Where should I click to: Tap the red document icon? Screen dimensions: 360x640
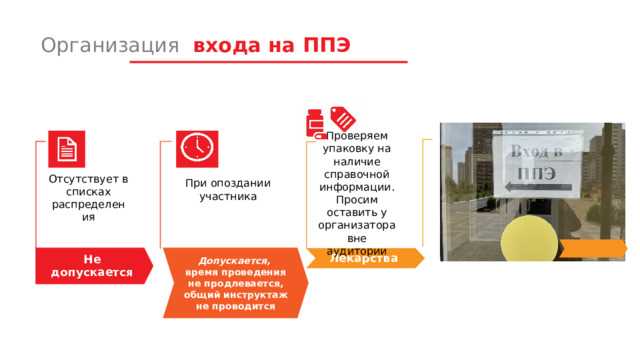click(x=66, y=150)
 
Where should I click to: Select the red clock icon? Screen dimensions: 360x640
click(x=195, y=148)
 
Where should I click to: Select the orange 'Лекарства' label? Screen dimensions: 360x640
click(x=364, y=258)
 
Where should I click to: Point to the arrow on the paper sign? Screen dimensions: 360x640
click(x=527, y=186)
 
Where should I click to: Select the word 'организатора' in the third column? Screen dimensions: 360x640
click(x=357, y=225)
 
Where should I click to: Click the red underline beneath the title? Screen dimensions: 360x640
click(x=268, y=63)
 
